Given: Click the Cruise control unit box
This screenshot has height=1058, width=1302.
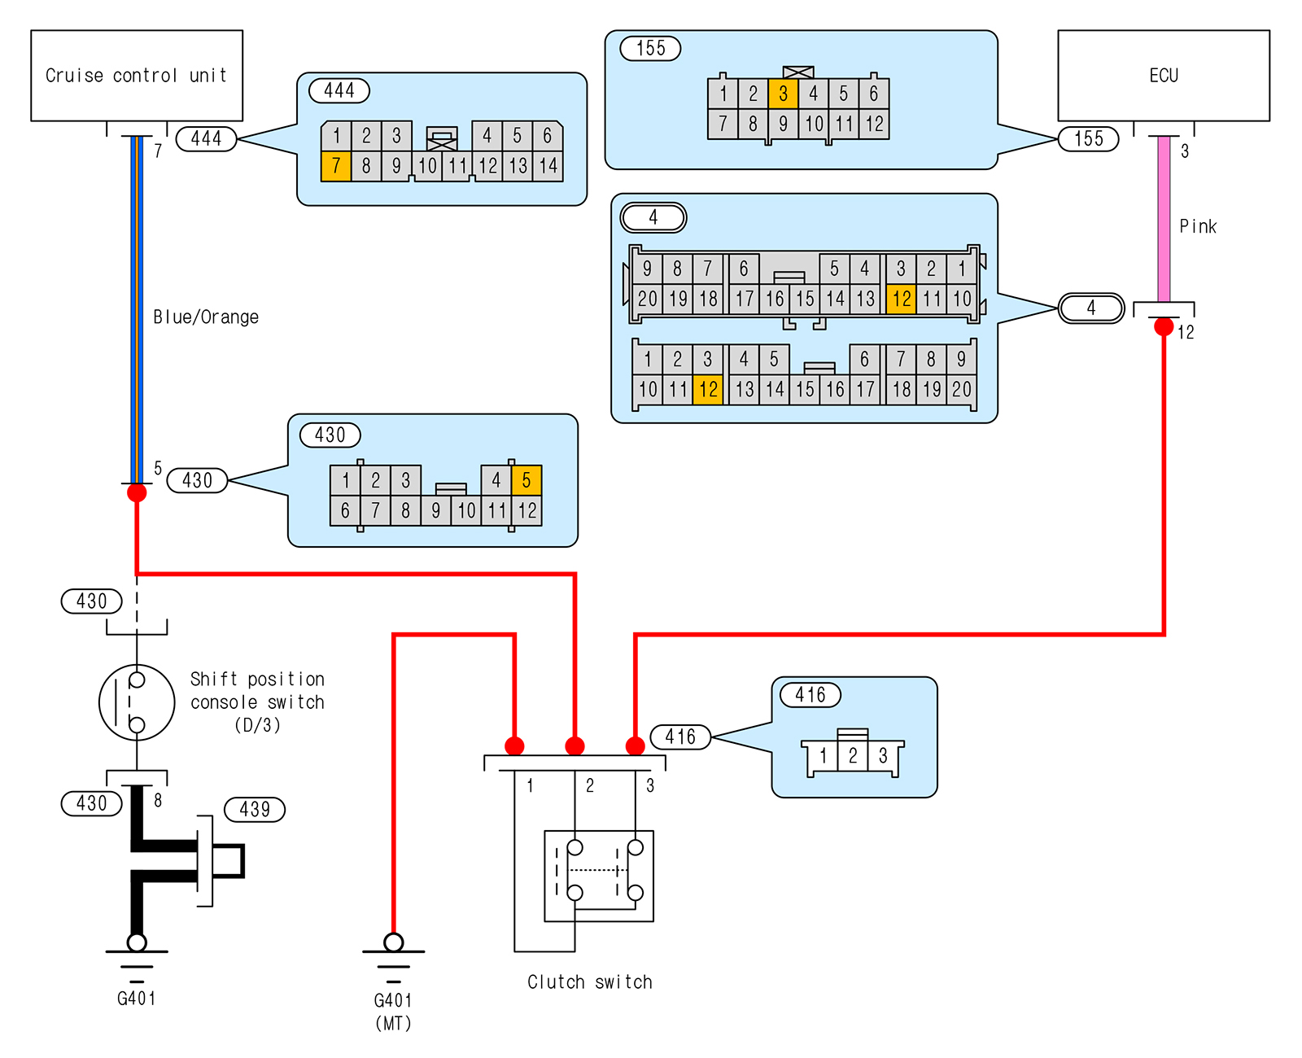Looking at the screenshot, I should [137, 76].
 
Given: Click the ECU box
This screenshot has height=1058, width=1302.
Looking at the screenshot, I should [1163, 76].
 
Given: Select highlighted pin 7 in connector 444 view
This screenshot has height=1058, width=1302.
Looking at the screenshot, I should [336, 166].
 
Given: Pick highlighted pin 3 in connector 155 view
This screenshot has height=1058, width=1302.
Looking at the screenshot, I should [783, 94].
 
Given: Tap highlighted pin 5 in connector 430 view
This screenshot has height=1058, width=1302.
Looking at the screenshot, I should [526, 480].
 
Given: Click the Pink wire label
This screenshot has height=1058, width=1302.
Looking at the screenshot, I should [1198, 226].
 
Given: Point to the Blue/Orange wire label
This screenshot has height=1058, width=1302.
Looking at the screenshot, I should [206, 317].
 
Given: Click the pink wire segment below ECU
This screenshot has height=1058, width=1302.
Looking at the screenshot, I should [1164, 220].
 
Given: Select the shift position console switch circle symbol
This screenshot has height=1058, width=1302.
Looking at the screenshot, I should [137, 702].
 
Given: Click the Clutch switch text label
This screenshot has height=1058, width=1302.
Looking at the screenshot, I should [589, 981].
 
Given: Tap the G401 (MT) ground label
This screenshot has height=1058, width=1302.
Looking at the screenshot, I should [393, 1010].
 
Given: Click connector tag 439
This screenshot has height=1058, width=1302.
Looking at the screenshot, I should [255, 809].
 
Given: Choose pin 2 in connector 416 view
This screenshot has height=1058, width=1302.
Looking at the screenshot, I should [853, 756].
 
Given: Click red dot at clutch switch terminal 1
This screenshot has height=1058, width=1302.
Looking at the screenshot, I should [514, 745].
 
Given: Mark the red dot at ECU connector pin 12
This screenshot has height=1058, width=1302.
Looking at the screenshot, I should [1164, 327].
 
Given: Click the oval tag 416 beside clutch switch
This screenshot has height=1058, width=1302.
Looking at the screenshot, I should [680, 737].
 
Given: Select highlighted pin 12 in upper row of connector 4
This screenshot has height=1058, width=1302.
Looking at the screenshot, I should [902, 299].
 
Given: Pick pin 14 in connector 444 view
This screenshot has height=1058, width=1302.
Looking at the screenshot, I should [548, 166].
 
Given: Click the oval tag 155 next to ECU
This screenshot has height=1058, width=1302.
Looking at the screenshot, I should [1088, 138].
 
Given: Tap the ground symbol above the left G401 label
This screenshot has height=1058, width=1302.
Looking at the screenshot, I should [137, 952].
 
